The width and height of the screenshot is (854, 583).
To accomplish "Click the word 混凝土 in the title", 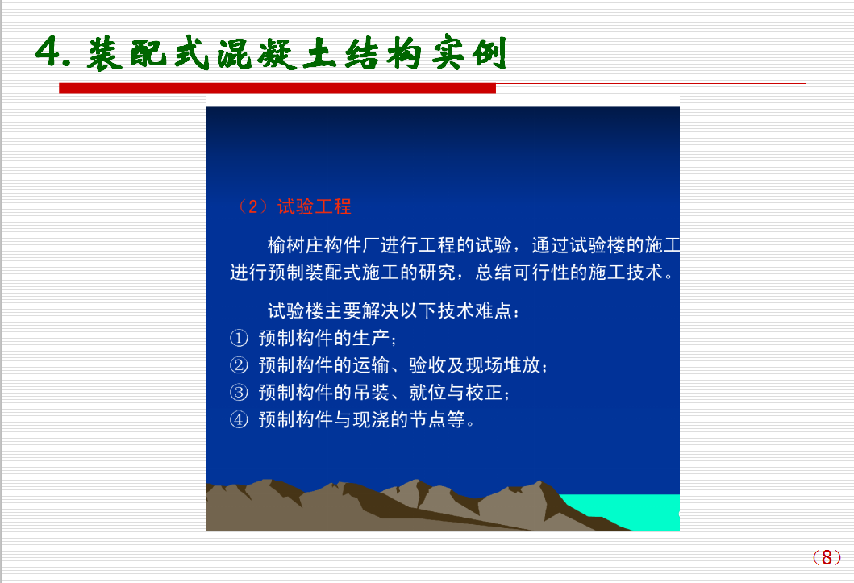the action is pyautogui.click(x=257, y=53).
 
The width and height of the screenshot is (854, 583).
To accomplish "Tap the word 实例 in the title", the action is pyautogui.click(x=469, y=53).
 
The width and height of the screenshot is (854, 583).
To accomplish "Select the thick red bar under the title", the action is pyautogui.click(x=277, y=88).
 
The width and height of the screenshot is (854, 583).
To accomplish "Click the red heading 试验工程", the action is pyautogui.click(x=315, y=207).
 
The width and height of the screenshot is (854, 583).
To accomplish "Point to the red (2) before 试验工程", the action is pyautogui.click(x=253, y=207).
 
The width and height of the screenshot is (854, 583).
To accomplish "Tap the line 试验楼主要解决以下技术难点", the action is pyautogui.click(x=394, y=310).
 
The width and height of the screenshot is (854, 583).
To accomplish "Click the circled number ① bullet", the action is pyautogui.click(x=239, y=338).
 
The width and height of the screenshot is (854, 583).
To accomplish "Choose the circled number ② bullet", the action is pyautogui.click(x=239, y=365).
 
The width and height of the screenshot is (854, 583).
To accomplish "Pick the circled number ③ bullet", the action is pyautogui.click(x=239, y=393).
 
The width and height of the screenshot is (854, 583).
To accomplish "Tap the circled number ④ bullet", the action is pyautogui.click(x=239, y=419).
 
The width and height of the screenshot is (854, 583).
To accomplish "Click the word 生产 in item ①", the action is pyautogui.click(x=370, y=338).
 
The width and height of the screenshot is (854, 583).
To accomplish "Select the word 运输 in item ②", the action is pyautogui.click(x=370, y=365).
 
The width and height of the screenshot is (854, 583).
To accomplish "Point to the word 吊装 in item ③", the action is pyautogui.click(x=370, y=393).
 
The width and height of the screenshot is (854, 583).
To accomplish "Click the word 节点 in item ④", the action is pyautogui.click(x=427, y=419).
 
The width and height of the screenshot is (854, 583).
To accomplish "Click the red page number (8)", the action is pyautogui.click(x=827, y=557).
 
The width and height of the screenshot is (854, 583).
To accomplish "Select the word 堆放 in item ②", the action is pyautogui.click(x=522, y=365).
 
